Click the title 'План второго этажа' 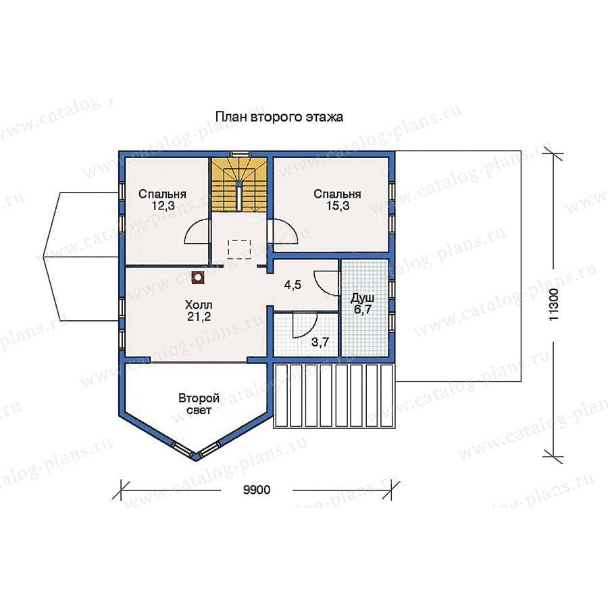pyautogui.click(x=279, y=117)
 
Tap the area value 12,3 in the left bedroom pyautogui.click(x=163, y=206)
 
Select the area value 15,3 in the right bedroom pyautogui.click(x=338, y=206)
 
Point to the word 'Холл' pyautogui.click(x=199, y=305)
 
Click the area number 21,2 pyautogui.click(x=199, y=317)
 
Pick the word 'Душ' pyautogui.click(x=363, y=299)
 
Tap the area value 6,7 pyautogui.click(x=363, y=310)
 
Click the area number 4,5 pyautogui.click(x=293, y=285)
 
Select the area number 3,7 pyautogui.click(x=320, y=342)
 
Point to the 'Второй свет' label pyautogui.click(x=199, y=404)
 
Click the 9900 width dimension pyautogui.click(x=257, y=490)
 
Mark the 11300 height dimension pyautogui.click(x=554, y=304)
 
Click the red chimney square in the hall pyautogui.click(x=198, y=277)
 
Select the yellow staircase pyautogui.click(x=239, y=184)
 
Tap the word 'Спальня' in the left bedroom pyautogui.click(x=162, y=195)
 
